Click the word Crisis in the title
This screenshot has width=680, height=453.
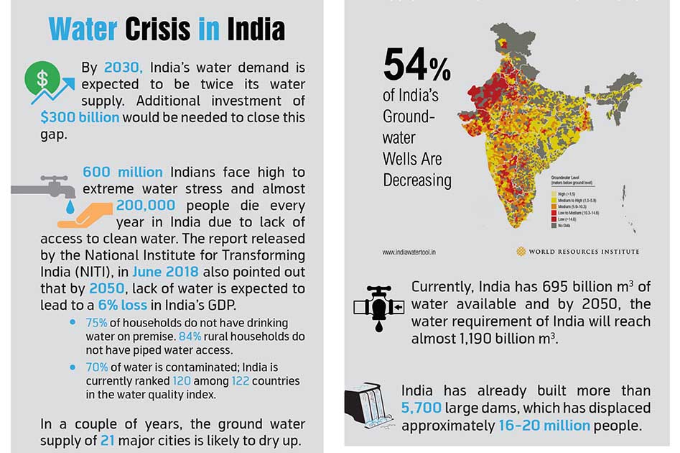157,29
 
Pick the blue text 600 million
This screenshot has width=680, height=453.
123,173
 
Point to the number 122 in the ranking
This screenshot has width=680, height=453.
241,381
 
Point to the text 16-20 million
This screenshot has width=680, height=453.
544,426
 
